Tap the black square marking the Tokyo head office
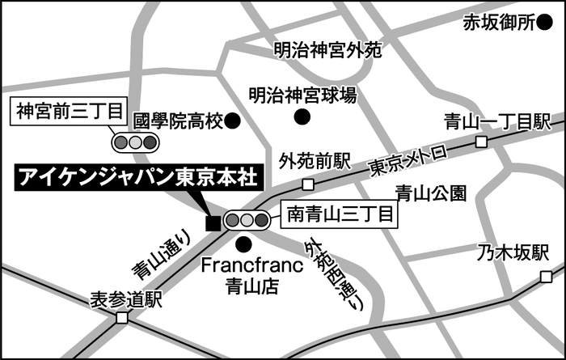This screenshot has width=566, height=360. pyautogui.click(x=213, y=222)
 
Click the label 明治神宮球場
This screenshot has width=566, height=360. pyautogui.click(x=302, y=95)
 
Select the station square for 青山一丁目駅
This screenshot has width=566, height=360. pyautogui.click(x=481, y=142)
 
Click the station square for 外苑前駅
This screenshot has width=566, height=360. pyautogui.click(x=308, y=184)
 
